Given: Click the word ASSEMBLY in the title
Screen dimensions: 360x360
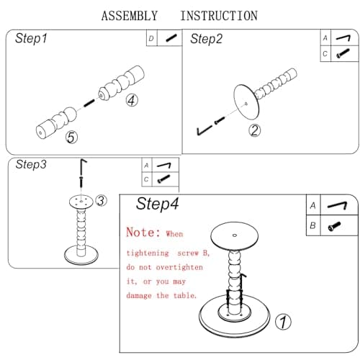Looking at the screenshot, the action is tap(130, 16).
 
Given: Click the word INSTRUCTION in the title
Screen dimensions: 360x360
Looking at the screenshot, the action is tap(219, 16).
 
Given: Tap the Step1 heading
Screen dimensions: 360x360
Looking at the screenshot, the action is tap(31, 38).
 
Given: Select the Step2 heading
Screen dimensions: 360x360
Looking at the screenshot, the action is tap(207, 39).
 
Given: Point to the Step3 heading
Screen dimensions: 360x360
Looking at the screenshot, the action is tap(31, 165).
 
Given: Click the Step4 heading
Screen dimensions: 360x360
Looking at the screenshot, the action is tap(158, 204).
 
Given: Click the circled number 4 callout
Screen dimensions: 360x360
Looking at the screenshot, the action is tap(132, 100).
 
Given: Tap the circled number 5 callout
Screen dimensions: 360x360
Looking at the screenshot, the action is tap(71, 138).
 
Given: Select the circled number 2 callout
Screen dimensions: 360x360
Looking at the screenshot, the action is tap(254, 130).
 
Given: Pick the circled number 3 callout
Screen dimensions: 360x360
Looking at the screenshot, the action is tap(101, 201).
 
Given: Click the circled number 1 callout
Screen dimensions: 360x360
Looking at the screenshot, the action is tap(283, 322).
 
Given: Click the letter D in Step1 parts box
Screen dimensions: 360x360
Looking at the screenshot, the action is tap(151, 38).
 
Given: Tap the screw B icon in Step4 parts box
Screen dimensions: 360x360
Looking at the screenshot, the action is tap(334, 226).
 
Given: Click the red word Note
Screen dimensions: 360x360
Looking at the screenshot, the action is tap(143, 233).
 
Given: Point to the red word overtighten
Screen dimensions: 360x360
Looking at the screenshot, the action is tap(179, 267).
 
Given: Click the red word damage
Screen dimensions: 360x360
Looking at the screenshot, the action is tap(139, 295).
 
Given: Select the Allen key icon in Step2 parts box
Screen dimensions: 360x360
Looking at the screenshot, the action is tap(343, 38).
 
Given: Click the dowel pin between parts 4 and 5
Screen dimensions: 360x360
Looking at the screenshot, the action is tap(89, 103).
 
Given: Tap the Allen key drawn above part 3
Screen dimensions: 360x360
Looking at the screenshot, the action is tap(83, 167).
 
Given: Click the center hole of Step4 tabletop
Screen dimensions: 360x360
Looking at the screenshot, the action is tap(235, 235).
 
